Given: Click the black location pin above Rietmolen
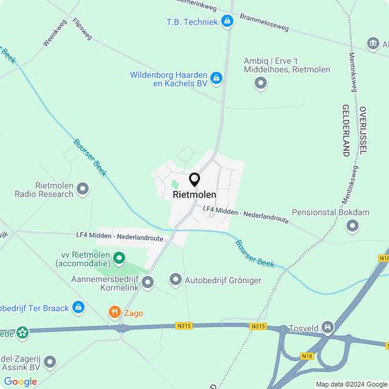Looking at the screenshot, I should click(194, 180).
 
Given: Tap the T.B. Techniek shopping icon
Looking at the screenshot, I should click(227, 22).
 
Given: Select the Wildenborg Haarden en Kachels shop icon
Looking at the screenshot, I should click(216, 78).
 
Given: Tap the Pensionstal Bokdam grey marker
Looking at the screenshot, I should click(353, 226).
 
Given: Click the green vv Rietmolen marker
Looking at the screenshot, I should click(119, 259).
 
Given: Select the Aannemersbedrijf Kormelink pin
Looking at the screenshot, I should click(148, 281).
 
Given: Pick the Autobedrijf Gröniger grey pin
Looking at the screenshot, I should click(176, 280).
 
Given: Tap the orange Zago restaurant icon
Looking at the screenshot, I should click(114, 312).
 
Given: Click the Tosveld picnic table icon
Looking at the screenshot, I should click(328, 328).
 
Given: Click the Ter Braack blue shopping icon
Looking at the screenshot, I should click(78, 308).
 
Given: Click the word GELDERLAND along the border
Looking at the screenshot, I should click(346, 131).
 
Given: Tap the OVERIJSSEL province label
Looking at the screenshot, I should click(363, 130).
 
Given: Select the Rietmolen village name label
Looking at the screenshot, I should click(194, 195).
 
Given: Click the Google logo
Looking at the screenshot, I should click(20, 381).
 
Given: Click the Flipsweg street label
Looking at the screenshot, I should click(82, 29).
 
